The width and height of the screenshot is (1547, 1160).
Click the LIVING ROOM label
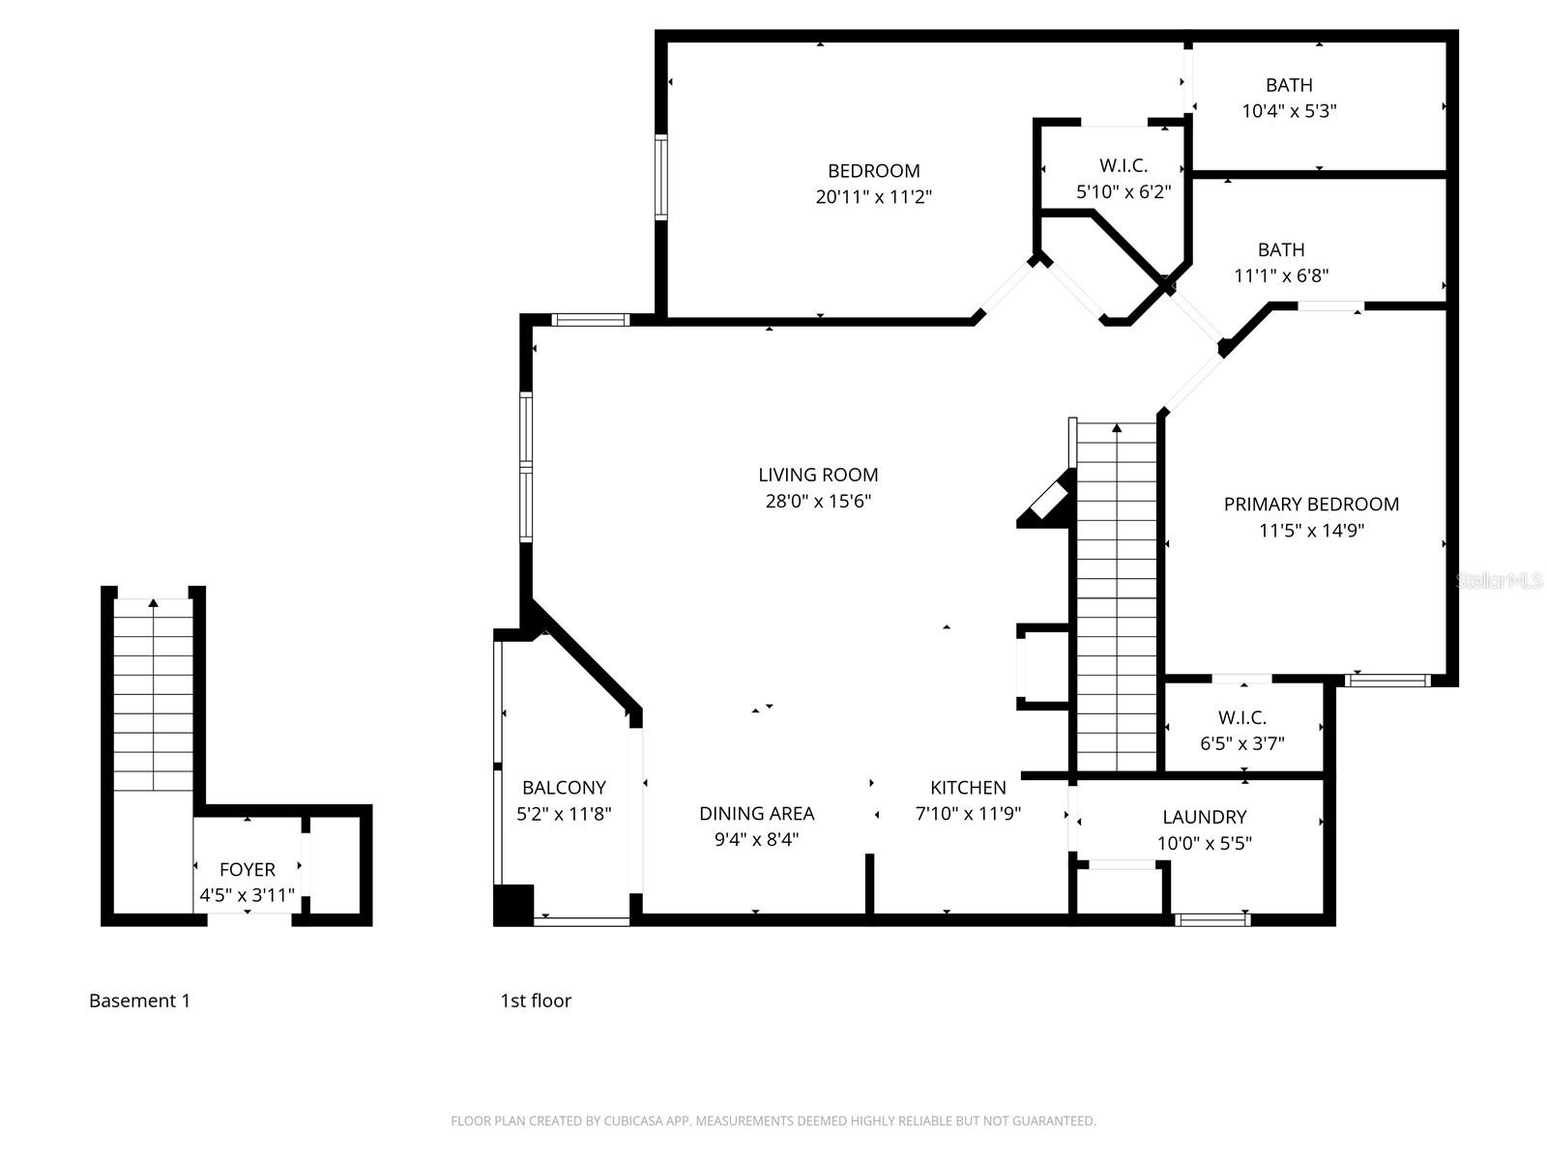(x=818, y=475)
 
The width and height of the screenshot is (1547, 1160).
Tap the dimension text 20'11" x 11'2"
(x=873, y=197)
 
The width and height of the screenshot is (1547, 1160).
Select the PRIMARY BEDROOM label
(x=1311, y=504)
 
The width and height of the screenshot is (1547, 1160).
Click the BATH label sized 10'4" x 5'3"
(x=1289, y=85)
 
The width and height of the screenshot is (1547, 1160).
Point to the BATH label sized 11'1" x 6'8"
(x=1281, y=249)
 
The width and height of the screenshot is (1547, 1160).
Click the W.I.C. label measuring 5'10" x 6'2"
(x=1124, y=165)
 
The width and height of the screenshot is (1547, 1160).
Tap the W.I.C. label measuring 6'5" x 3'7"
(x=1242, y=717)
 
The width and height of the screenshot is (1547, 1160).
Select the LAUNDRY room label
(x=1204, y=817)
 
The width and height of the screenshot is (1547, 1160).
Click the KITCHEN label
(x=968, y=788)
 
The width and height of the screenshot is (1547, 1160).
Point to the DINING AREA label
(x=756, y=814)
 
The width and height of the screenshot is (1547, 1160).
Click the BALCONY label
(x=564, y=788)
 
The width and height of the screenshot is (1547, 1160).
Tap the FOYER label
(x=248, y=869)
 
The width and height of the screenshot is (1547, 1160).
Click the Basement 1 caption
(x=139, y=1000)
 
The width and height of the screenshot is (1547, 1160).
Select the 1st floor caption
(x=536, y=1000)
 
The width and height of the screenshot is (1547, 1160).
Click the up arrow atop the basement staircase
(x=154, y=603)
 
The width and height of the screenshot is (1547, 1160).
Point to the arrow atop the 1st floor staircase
(x=1117, y=427)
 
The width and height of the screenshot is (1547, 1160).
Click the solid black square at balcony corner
(x=513, y=905)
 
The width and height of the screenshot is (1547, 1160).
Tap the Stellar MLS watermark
(x=1500, y=580)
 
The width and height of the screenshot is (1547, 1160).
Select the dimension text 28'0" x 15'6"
(x=818, y=501)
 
